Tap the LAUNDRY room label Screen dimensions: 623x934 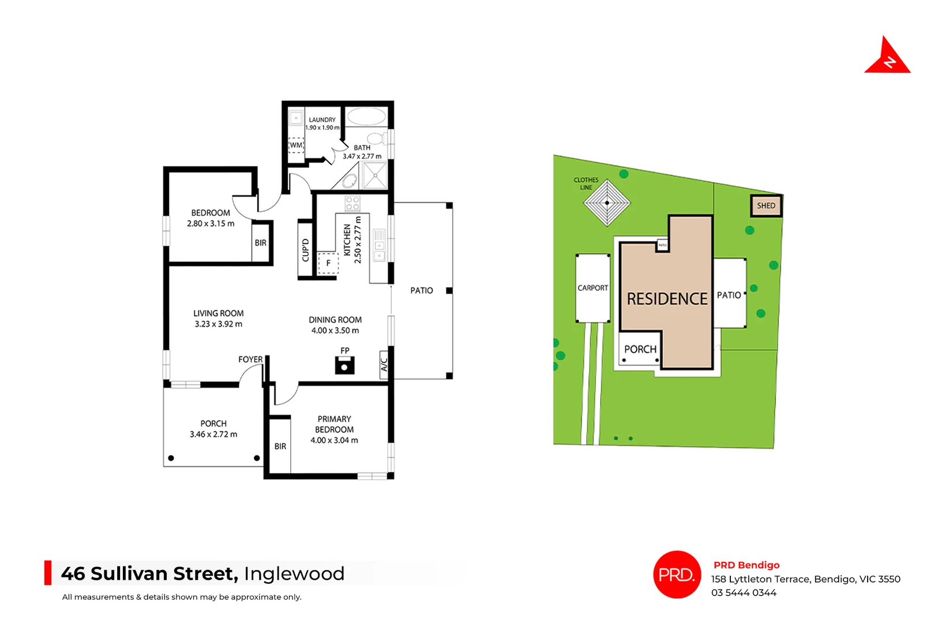tap(322, 120)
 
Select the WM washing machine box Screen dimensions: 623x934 tap(296, 145)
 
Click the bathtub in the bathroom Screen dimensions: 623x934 tap(366, 117)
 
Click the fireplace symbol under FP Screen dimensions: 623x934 tap(344, 366)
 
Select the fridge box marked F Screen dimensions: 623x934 tap(328, 263)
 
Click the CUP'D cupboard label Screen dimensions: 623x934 tap(306, 250)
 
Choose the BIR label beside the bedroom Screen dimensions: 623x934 tap(261, 243)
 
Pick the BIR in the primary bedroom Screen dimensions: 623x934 tap(280, 446)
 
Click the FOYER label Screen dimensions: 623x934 tap(250, 359)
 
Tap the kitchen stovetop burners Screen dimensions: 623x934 tap(352, 203)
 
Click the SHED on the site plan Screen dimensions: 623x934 tap(766, 206)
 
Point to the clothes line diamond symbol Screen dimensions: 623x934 tap(607, 203)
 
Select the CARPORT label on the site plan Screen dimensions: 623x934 tap(593, 288)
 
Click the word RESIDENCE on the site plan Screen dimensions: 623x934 tap(667, 299)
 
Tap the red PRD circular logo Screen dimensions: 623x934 tap(677, 575)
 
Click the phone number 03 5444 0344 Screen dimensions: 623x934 tap(744, 593)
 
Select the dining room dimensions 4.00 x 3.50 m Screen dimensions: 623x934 tap(335, 331)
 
